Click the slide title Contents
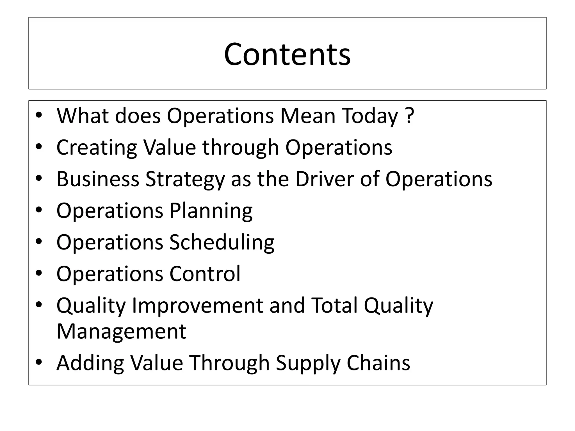pos(287,54)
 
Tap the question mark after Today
pos(410,115)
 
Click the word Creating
pos(97,147)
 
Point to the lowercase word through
pos(241,147)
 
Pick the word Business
pos(98,179)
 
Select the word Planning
pos(211,211)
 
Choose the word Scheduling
pos(222,242)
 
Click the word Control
pos(205,274)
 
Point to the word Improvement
pos(197,306)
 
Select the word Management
pos(121,331)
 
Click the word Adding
pos(90,363)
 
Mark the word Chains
pos(378,363)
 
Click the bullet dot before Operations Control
pos(39,273)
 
